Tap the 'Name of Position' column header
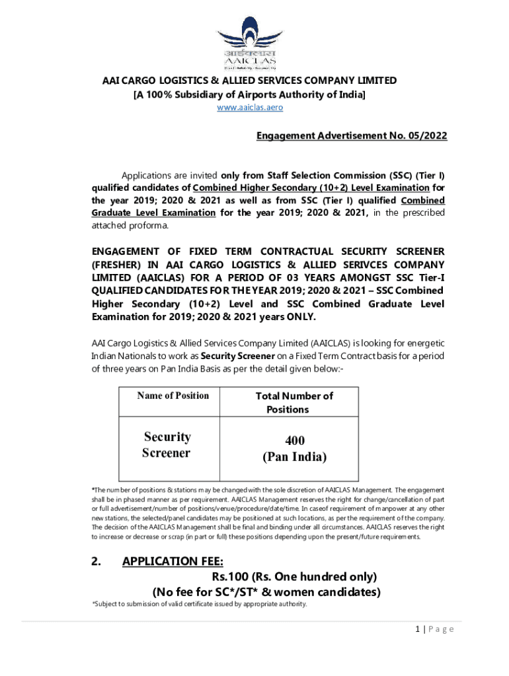pyautogui.click(x=173, y=395)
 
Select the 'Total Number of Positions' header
pyautogui.click(x=294, y=403)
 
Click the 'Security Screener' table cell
pyautogui.click(x=167, y=445)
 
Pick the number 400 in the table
pyautogui.click(x=295, y=440)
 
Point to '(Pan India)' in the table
pyautogui.click(x=295, y=457)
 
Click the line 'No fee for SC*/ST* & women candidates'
pyautogui.click(x=266, y=591)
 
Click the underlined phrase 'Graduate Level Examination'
pyautogui.click(x=153, y=213)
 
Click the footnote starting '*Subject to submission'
pyautogui.click(x=198, y=605)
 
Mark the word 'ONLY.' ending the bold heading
pyautogui.click(x=301, y=317)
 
